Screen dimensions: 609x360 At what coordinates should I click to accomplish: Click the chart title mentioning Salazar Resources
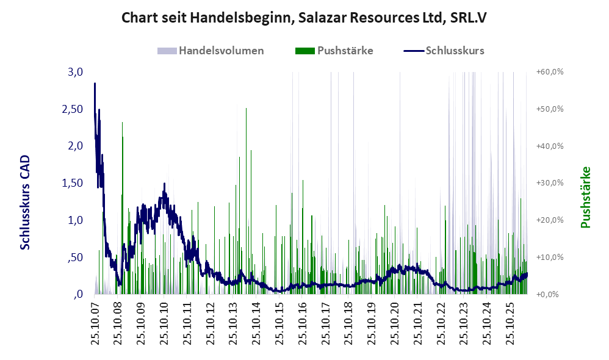pyautogui.click(x=304, y=18)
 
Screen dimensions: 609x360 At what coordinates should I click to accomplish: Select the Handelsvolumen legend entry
pyautogui.click(x=211, y=51)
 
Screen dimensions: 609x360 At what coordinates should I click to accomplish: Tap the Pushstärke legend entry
pyautogui.click(x=334, y=51)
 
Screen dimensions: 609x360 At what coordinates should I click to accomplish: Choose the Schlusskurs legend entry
pyautogui.click(x=444, y=51)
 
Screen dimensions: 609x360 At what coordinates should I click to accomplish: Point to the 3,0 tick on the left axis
pyautogui.click(x=75, y=72)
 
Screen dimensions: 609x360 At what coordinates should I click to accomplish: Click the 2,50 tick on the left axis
pyautogui.click(x=73, y=109)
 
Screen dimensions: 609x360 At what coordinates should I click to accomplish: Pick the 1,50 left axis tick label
pyautogui.click(x=73, y=183)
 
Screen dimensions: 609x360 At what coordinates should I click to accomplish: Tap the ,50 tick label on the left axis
pyautogui.click(x=75, y=257)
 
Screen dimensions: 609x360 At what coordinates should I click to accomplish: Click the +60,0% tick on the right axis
pyautogui.click(x=550, y=72)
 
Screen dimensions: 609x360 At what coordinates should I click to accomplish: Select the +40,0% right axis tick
pyautogui.click(x=550, y=146)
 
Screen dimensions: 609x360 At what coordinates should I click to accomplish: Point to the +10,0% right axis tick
pyautogui.click(x=550, y=257)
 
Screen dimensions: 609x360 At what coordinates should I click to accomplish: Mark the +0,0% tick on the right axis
pyautogui.click(x=547, y=294)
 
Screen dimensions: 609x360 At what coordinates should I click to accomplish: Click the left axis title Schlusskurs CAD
pyautogui.click(x=25, y=203)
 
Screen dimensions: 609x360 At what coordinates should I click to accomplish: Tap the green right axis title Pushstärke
pyautogui.click(x=585, y=197)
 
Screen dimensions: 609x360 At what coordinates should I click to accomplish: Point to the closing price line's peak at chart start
pyautogui.click(x=95, y=84)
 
